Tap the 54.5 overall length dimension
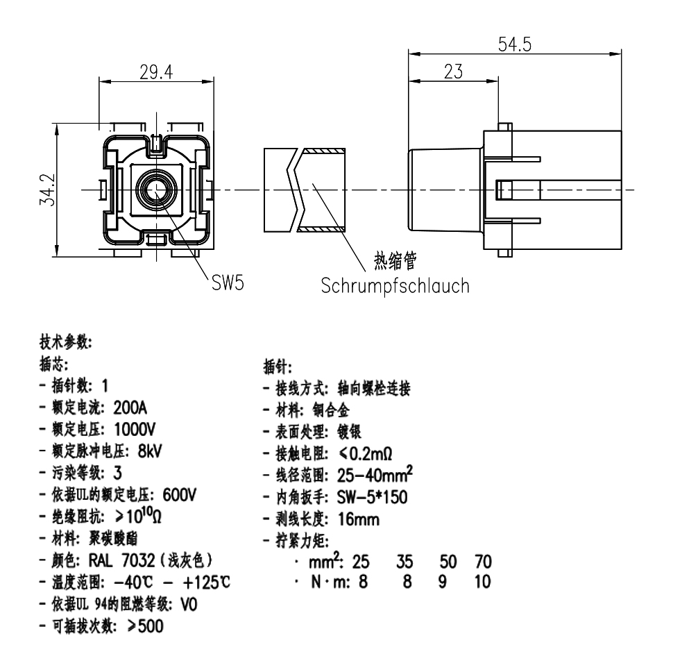[x=514, y=44]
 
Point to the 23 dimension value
[x=452, y=72]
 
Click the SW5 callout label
[x=228, y=284]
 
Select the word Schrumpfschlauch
[x=395, y=285]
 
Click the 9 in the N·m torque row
[x=442, y=580]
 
